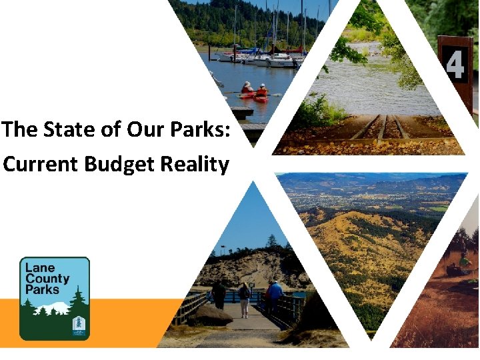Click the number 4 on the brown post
(x=455, y=65)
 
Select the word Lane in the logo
(x=40, y=267)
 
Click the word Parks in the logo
(x=42, y=289)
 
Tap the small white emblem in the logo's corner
(x=78, y=326)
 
